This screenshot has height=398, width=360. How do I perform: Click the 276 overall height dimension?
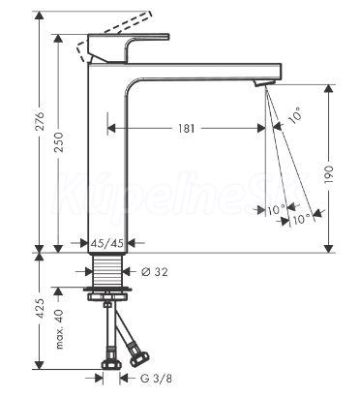(40, 121)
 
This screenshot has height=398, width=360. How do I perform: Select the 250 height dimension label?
(59, 142)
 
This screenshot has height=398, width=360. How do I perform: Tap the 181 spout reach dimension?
(187, 129)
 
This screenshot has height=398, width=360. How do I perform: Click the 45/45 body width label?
(107, 243)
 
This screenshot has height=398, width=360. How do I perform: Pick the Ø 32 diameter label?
(154, 272)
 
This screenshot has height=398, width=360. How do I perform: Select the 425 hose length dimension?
(40, 308)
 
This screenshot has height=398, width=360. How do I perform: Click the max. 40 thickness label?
(59, 329)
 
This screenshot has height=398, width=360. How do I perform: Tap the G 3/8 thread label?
(156, 378)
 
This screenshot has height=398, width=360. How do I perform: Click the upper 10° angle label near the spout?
(295, 115)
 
